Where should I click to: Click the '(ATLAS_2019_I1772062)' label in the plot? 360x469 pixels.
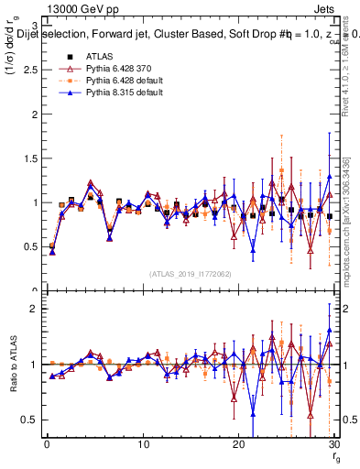coord(191,273)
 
